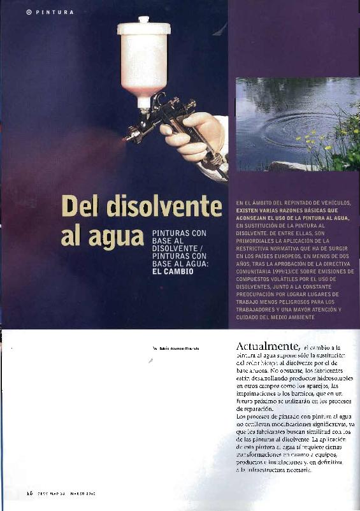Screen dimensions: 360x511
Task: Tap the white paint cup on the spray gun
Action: pos(144,61)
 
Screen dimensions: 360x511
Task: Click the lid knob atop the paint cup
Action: pos(143,20)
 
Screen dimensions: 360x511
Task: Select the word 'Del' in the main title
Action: pos(81,207)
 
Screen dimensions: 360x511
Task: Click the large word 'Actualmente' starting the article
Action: pos(263,346)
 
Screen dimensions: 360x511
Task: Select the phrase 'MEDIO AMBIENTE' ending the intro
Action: pos(290,317)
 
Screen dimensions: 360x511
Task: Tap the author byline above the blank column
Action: pos(176,349)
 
